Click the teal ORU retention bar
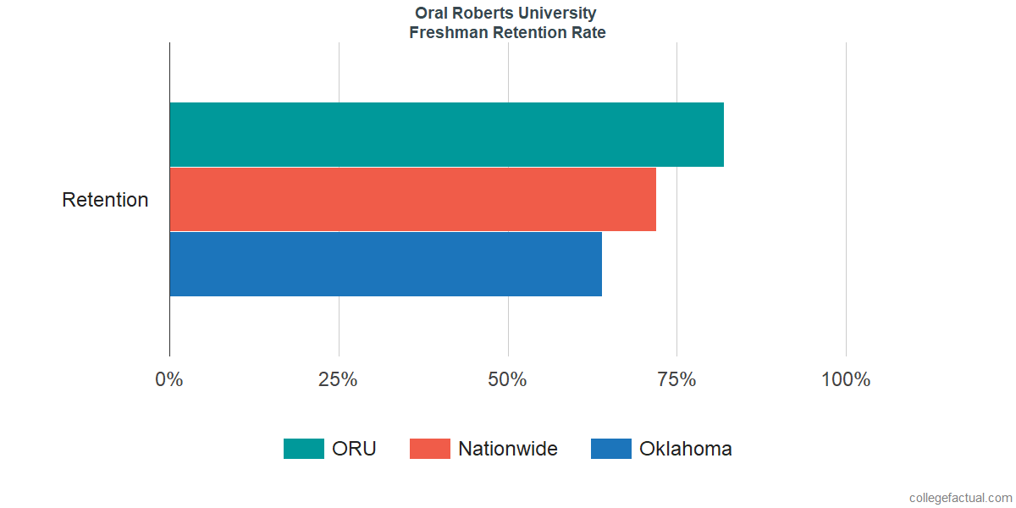click(446, 135)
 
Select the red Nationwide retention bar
click(412, 199)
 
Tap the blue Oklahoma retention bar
click(385, 264)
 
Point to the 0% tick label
click(169, 379)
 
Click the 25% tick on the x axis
click(338, 379)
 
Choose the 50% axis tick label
click(507, 379)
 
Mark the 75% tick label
click(676, 379)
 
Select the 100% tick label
click(846, 379)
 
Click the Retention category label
click(105, 200)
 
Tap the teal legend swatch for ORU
click(304, 449)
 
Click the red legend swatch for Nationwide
click(430, 449)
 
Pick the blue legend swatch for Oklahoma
click(611, 449)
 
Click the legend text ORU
click(354, 449)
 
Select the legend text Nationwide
click(508, 449)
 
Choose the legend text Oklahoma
click(686, 449)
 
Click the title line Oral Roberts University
click(506, 14)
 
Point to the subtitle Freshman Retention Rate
click(506, 33)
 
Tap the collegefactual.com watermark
click(960, 498)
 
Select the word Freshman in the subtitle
click(444, 33)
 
